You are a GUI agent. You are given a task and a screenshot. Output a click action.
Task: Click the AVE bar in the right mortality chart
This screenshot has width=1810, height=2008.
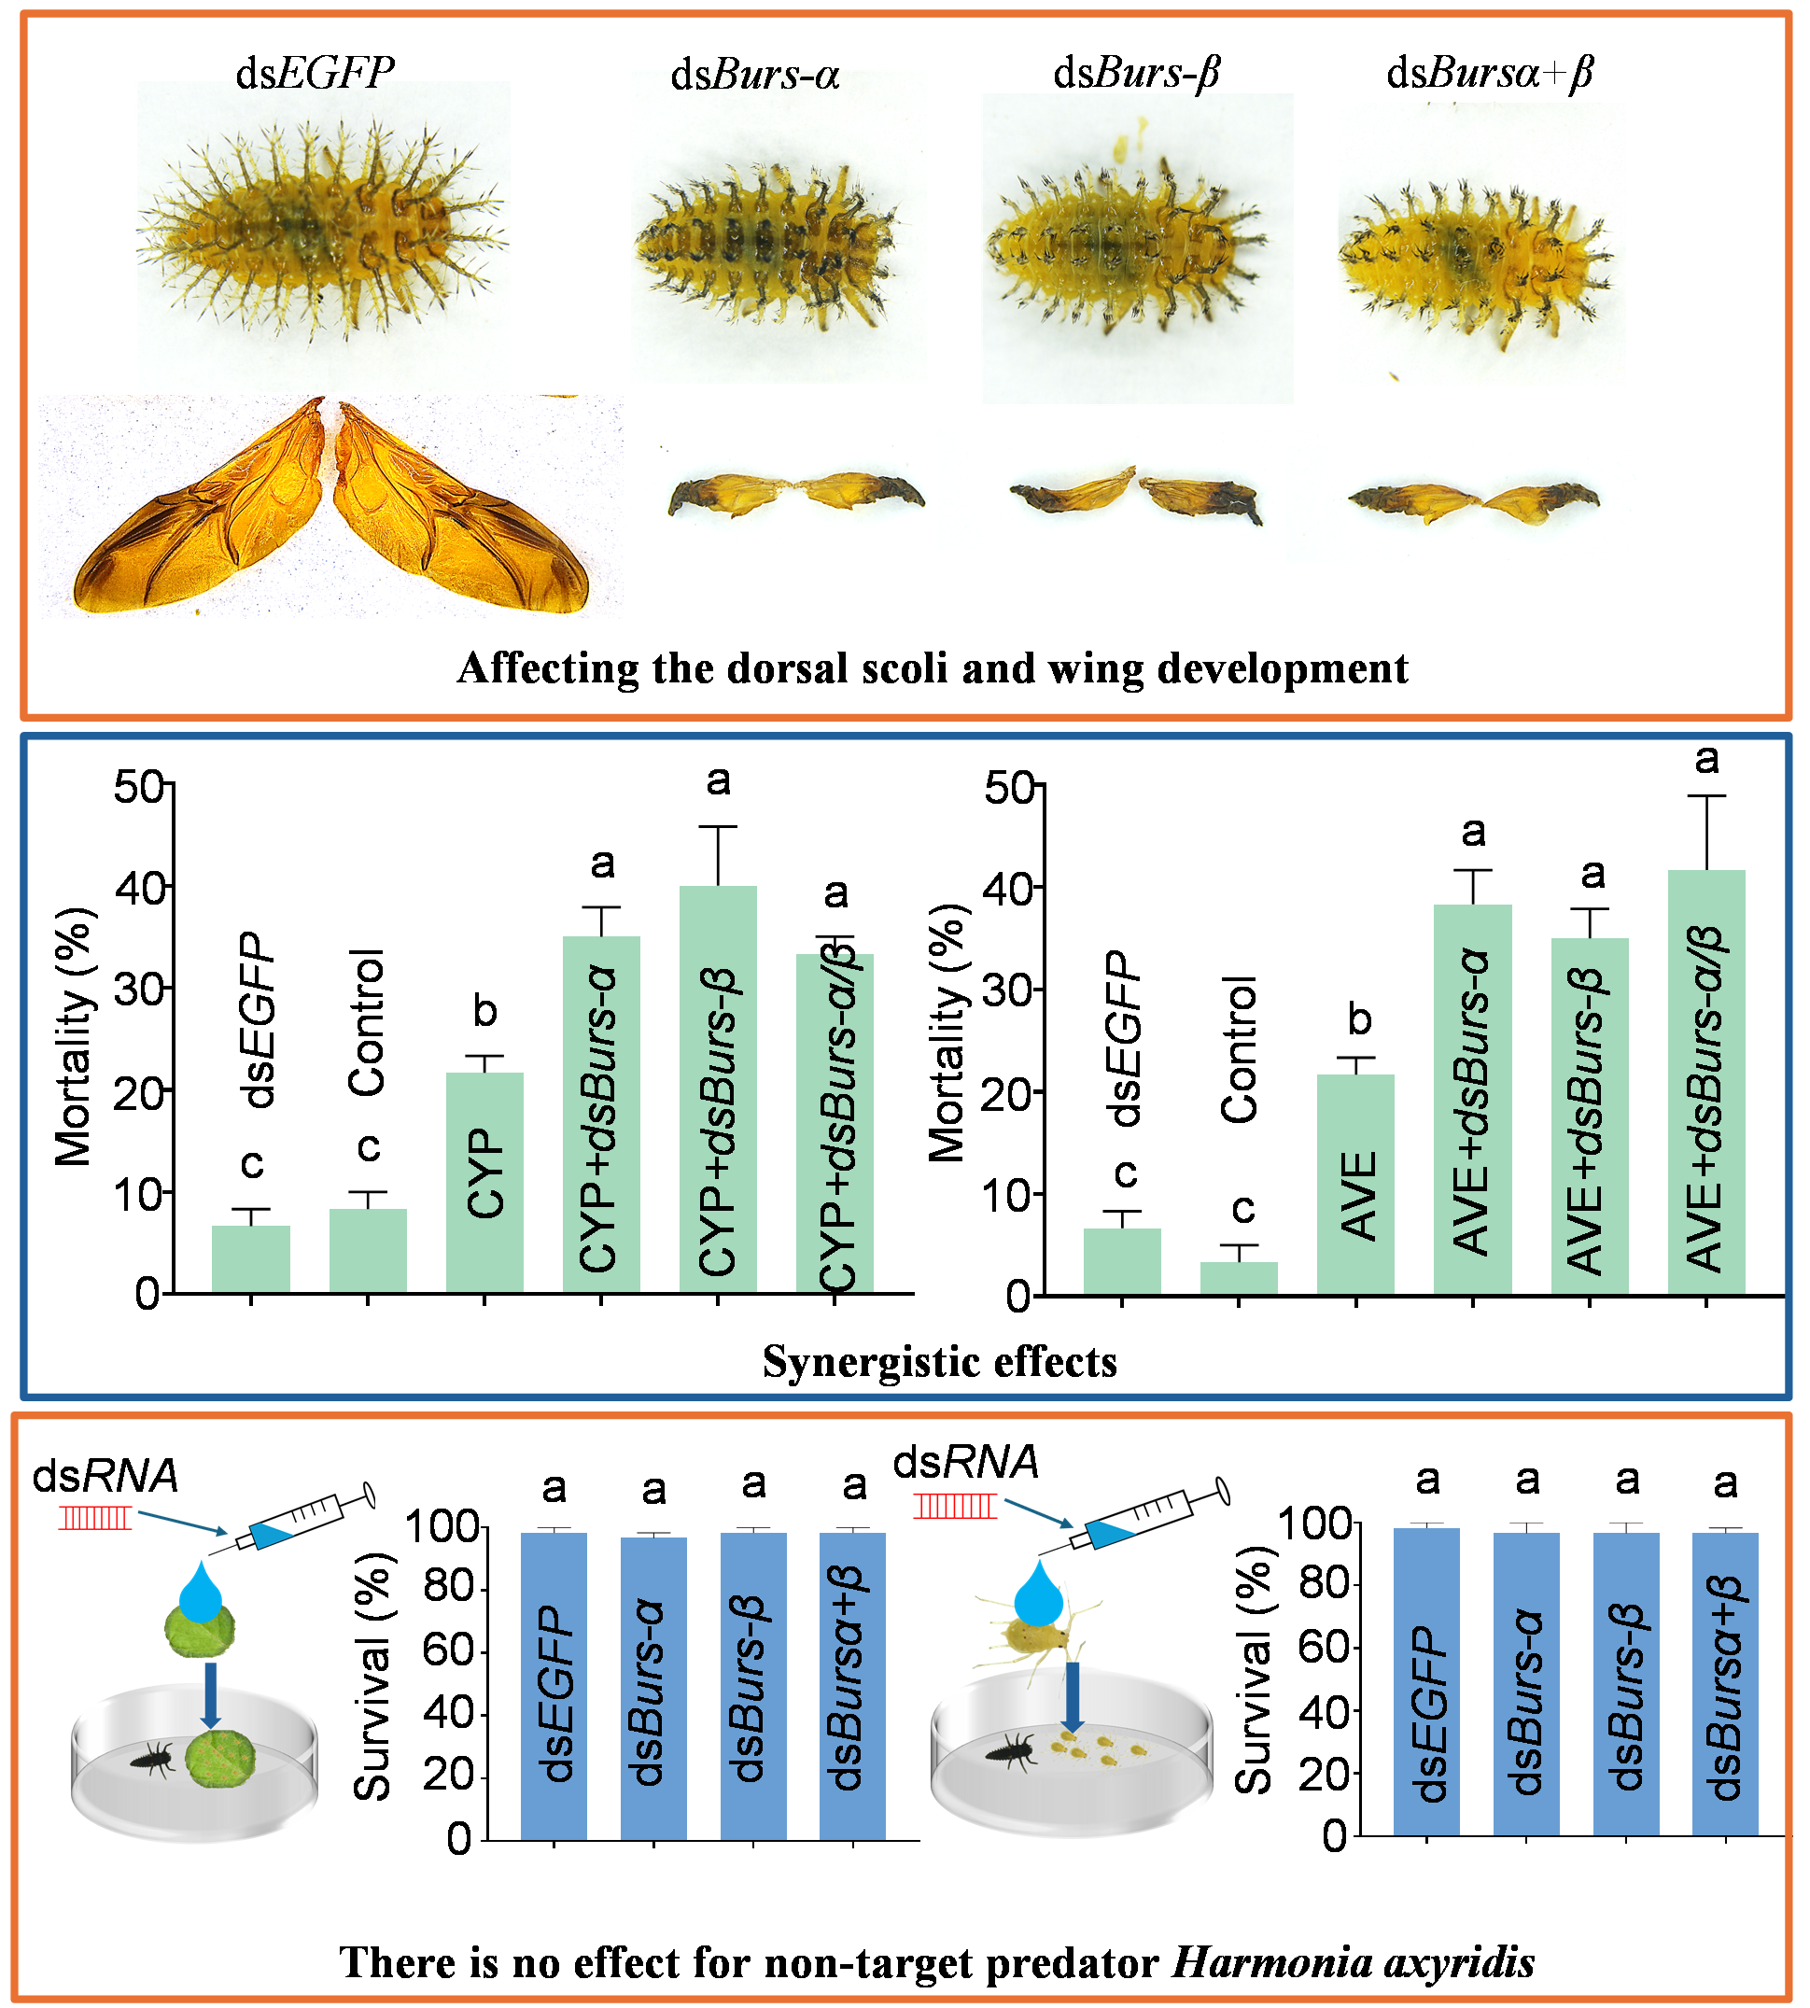click(x=1356, y=1184)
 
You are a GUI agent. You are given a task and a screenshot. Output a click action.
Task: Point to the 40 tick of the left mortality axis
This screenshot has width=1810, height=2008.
click(x=139, y=887)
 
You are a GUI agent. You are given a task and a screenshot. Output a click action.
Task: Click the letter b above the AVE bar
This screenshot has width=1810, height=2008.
click(x=1358, y=1019)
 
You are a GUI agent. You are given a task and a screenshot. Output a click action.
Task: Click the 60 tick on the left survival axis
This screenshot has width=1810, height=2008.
click(x=447, y=1651)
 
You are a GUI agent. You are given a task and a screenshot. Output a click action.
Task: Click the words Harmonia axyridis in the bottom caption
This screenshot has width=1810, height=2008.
click(x=1353, y=1962)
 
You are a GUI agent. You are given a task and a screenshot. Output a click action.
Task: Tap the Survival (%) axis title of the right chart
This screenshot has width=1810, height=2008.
click(x=1256, y=1671)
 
